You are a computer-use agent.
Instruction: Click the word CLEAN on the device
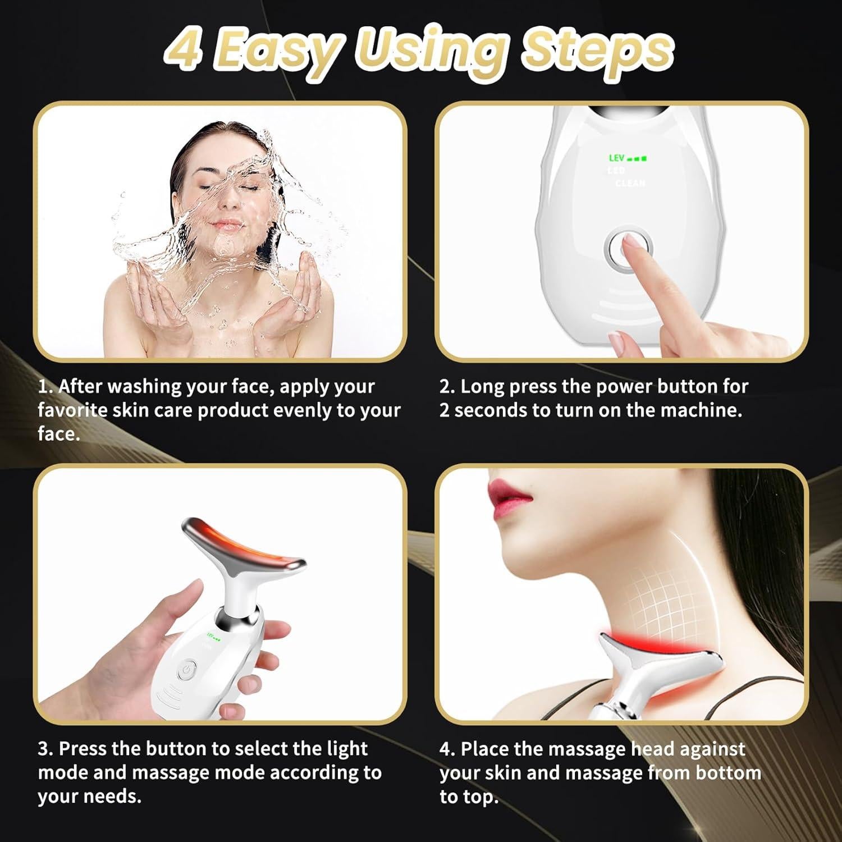pos(630,183)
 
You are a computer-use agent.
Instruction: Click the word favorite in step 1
pos(72,410)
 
